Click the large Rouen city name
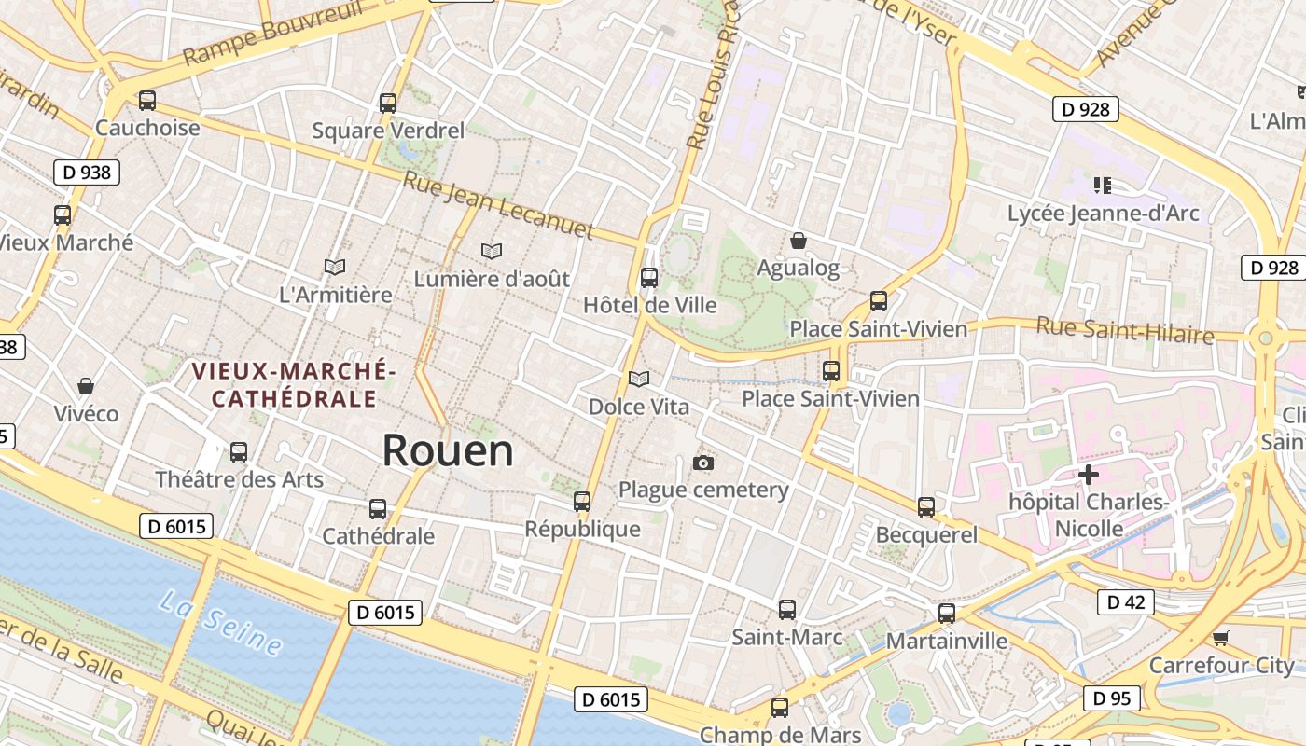click(448, 450)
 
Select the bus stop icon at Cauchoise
click(147, 101)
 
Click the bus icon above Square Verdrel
click(388, 104)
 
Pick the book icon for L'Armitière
click(335, 268)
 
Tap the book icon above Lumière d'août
click(491, 251)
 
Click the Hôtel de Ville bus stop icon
click(649, 278)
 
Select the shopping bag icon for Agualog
click(798, 242)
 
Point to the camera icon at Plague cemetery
click(703, 463)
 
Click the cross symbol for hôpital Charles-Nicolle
click(1088, 475)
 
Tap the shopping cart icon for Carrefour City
click(1220, 638)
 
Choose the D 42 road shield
click(1125, 602)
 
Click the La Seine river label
click(220, 622)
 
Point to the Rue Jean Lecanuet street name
click(498, 204)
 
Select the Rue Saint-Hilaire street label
click(1125, 331)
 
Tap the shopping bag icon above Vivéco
click(86, 386)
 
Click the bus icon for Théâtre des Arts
click(239, 452)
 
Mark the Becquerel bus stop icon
click(926, 507)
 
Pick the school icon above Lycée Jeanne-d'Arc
click(1103, 186)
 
